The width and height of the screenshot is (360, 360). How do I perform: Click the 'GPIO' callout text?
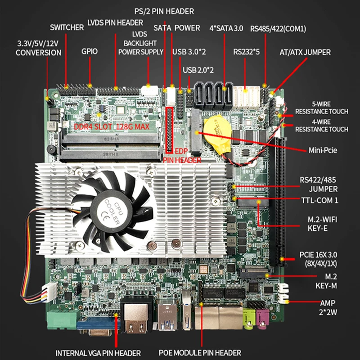[90, 51]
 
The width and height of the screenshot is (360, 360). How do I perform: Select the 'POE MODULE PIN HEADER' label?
[200, 353]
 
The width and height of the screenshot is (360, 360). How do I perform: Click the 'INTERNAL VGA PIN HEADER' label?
[98, 353]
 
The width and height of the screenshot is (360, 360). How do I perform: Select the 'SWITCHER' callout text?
[67, 27]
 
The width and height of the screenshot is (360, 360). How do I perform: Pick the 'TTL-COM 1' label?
[319, 200]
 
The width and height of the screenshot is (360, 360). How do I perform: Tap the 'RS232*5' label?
[246, 51]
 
